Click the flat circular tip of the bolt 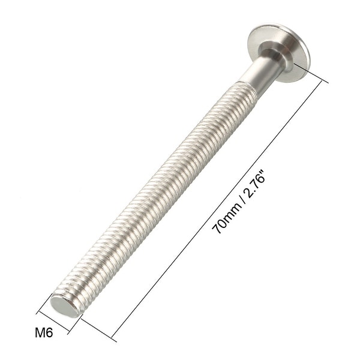pyautogui.click(x=65, y=306)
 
